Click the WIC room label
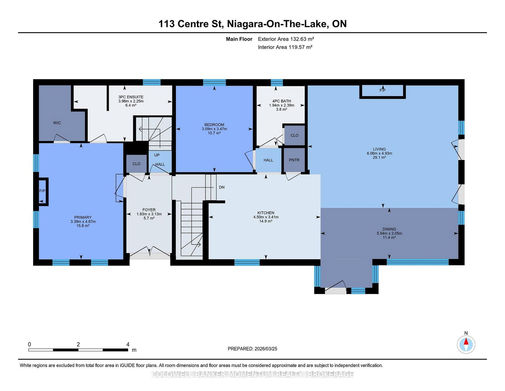[57, 123]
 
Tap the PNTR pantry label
[294, 160]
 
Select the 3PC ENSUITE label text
[131, 97]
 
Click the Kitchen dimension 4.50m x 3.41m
[266, 217]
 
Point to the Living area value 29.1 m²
[379, 157]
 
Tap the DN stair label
[222, 187]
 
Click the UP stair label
[157, 155]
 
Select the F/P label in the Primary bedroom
[42, 191]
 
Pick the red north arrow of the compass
[466, 341]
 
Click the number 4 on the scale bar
[128, 344]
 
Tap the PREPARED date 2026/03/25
[266, 349]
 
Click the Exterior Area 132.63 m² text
[286, 39]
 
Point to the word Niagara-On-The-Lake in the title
[277, 24]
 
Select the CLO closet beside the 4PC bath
[294, 135]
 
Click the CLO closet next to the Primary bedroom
[136, 164]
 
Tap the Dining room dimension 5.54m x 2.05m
[389, 233]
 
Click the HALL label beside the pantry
[268, 160]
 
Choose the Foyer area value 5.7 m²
[149, 218]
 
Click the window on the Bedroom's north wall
[214, 82]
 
